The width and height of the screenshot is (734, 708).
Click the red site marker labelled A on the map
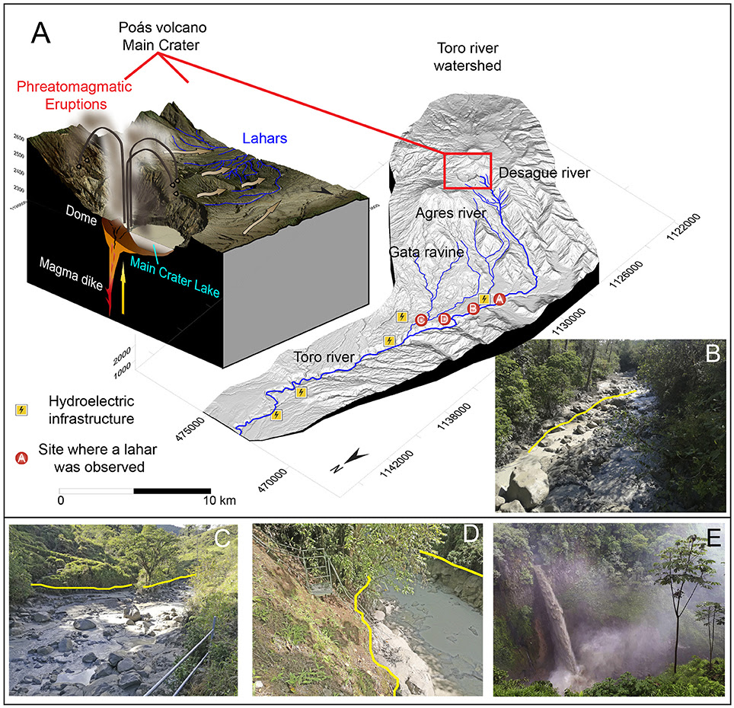499,299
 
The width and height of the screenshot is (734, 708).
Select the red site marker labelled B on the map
473,308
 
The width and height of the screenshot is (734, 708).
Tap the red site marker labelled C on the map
421,321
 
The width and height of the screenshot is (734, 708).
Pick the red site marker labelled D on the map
445,319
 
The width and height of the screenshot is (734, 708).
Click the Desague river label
545,174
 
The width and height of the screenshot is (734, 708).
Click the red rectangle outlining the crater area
468,170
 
